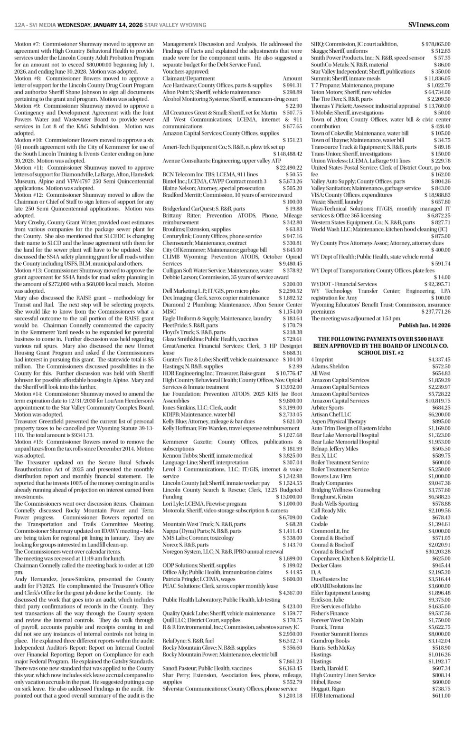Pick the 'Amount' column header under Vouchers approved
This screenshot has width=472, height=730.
(292, 78)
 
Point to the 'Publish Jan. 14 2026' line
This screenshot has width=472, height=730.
(425, 325)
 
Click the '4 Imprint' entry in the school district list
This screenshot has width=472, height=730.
(322, 360)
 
